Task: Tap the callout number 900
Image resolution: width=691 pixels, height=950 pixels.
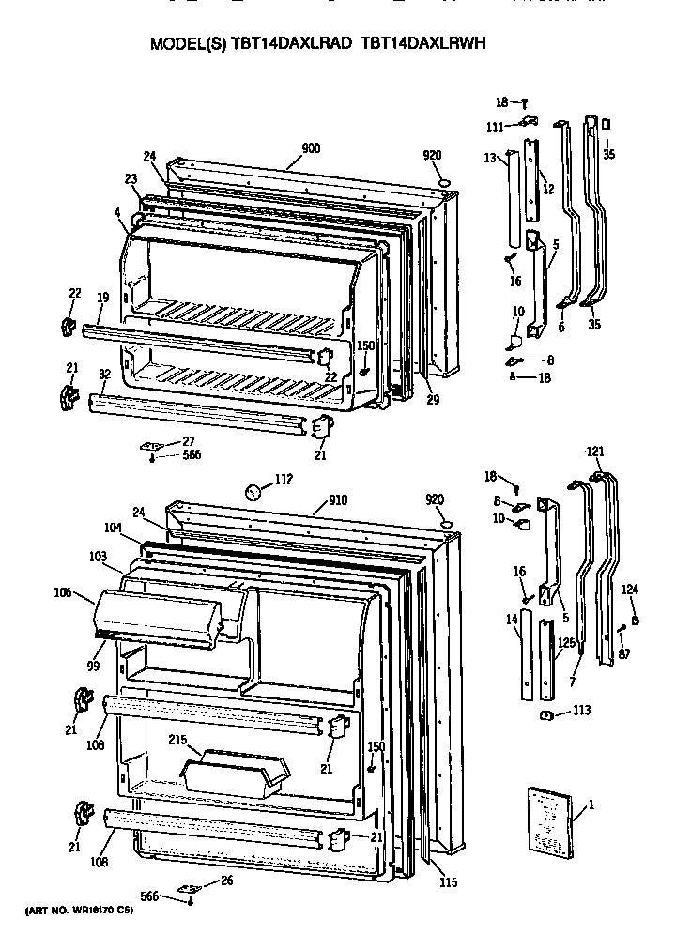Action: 311,147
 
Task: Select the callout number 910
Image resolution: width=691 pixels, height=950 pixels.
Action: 337,499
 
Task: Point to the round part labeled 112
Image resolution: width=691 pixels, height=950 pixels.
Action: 253,490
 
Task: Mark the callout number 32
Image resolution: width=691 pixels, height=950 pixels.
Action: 104,374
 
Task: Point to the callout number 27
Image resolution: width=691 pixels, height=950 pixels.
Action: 189,440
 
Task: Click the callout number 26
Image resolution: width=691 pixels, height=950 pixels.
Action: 225,880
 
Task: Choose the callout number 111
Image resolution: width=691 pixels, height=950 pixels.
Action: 495,127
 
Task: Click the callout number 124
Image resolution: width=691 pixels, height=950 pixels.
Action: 630,589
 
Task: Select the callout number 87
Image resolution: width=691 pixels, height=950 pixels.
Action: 624,653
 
